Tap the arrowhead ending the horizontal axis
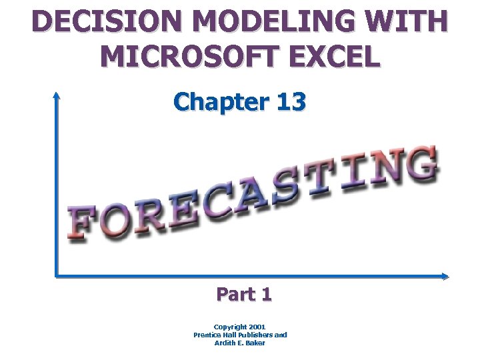point(445,276)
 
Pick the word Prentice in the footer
point(210,335)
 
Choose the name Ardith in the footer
point(227,343)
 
